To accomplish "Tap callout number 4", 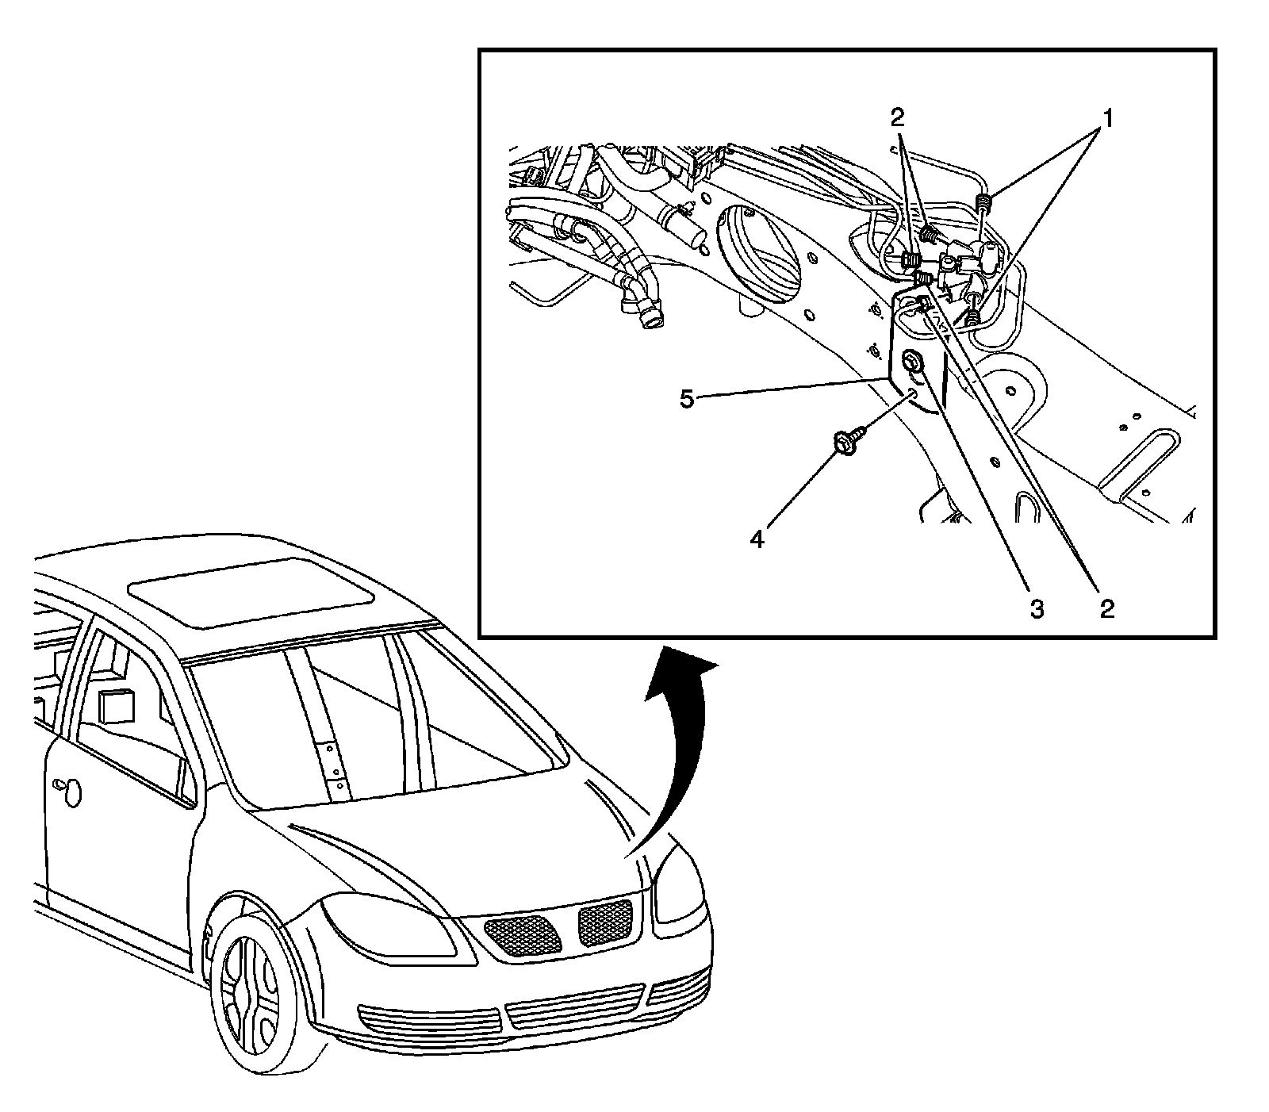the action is coord(758,539).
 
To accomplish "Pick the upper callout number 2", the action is coord(896,119).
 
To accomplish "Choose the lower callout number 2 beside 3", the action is coord(1106,609).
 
